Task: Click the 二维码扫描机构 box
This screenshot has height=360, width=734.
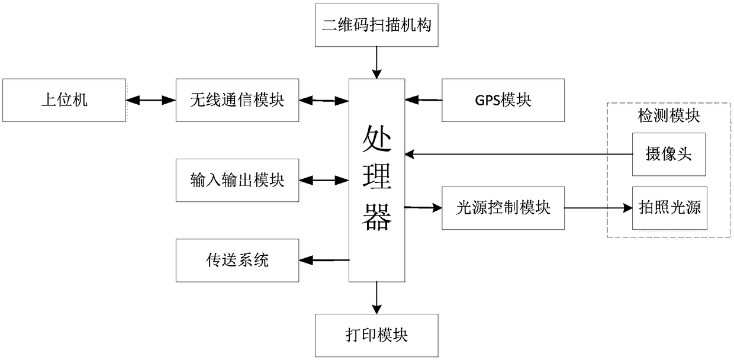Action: (x=376, y=25)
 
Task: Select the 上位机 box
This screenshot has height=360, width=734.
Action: (x=64, y=100)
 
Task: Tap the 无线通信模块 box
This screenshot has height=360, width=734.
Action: (x=237, y=100)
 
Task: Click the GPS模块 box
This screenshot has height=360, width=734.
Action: (x=503, y=100)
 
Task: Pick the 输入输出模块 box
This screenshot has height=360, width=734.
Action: (x=237, y=181)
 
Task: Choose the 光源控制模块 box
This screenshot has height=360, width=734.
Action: (x=503, y=208)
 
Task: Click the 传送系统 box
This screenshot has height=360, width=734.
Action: (x=237, y=261)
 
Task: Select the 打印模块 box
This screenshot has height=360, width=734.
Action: (x=376, y=335)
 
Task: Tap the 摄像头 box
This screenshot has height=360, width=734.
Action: (x=669, y=155)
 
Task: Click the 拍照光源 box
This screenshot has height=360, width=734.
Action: (x=670, y=208)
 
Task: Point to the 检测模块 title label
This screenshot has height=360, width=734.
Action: (x=668, y=116)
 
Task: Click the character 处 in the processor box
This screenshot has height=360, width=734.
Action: (x=377, y=139)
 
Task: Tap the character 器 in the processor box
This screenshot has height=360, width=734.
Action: (x=377, y=217)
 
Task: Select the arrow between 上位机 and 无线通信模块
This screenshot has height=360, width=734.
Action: (x=151, y=100)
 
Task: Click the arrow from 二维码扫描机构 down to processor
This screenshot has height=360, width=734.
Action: (x=376, y=63)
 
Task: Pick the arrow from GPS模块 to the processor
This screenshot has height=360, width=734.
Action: (x=423, y=100)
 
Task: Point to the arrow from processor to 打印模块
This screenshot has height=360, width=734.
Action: (x=376, y=298)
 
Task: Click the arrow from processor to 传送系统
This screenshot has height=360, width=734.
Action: (x=324, y=261)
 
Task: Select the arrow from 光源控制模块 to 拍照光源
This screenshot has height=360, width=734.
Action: (x=598, y=208)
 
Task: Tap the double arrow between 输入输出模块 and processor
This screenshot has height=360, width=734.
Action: (x=324, y=180)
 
